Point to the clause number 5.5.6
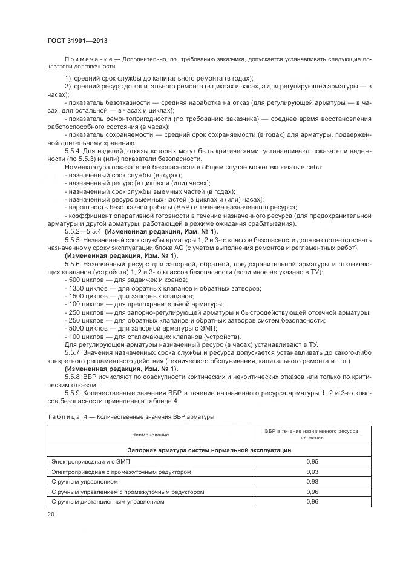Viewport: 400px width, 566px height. coord(74,265)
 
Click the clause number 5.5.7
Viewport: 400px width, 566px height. coord(74,352)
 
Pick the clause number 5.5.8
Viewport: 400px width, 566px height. coord(74,375)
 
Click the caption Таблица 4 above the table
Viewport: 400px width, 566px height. coord(62,417)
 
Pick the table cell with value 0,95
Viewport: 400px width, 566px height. coord(312,461)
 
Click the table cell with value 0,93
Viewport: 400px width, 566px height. coord(312,472)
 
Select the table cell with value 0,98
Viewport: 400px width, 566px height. coord(312,482)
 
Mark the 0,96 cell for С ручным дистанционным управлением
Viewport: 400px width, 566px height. coord(312,502)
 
